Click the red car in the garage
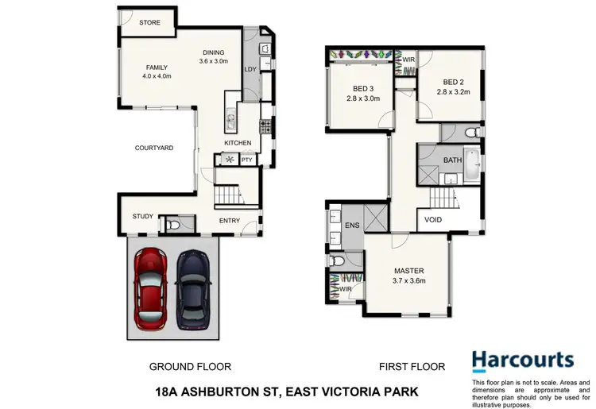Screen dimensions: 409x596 (x=149, y=288)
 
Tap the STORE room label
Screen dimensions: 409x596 (x=149, y=23)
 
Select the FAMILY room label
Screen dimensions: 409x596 (x=155, y=68)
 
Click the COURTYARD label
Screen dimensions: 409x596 (x=154, y=148)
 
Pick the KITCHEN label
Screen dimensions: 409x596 (x=238, y=143)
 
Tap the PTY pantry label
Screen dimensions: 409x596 (x=247, y=160)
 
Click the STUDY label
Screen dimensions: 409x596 (x=143, y=216)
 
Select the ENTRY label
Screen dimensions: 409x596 (x=230, y=221)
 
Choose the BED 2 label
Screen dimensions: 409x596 (x=453, y=82)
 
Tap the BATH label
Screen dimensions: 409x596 (x=452, y=160)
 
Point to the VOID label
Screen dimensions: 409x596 (x=434, y=220)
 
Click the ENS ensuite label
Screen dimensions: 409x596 (x=353, y=226)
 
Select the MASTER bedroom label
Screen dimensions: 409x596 (x=407, y=270)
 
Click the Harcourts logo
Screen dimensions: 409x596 (x=522, y=361)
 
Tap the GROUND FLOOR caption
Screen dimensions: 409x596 (x=191, y=367)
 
